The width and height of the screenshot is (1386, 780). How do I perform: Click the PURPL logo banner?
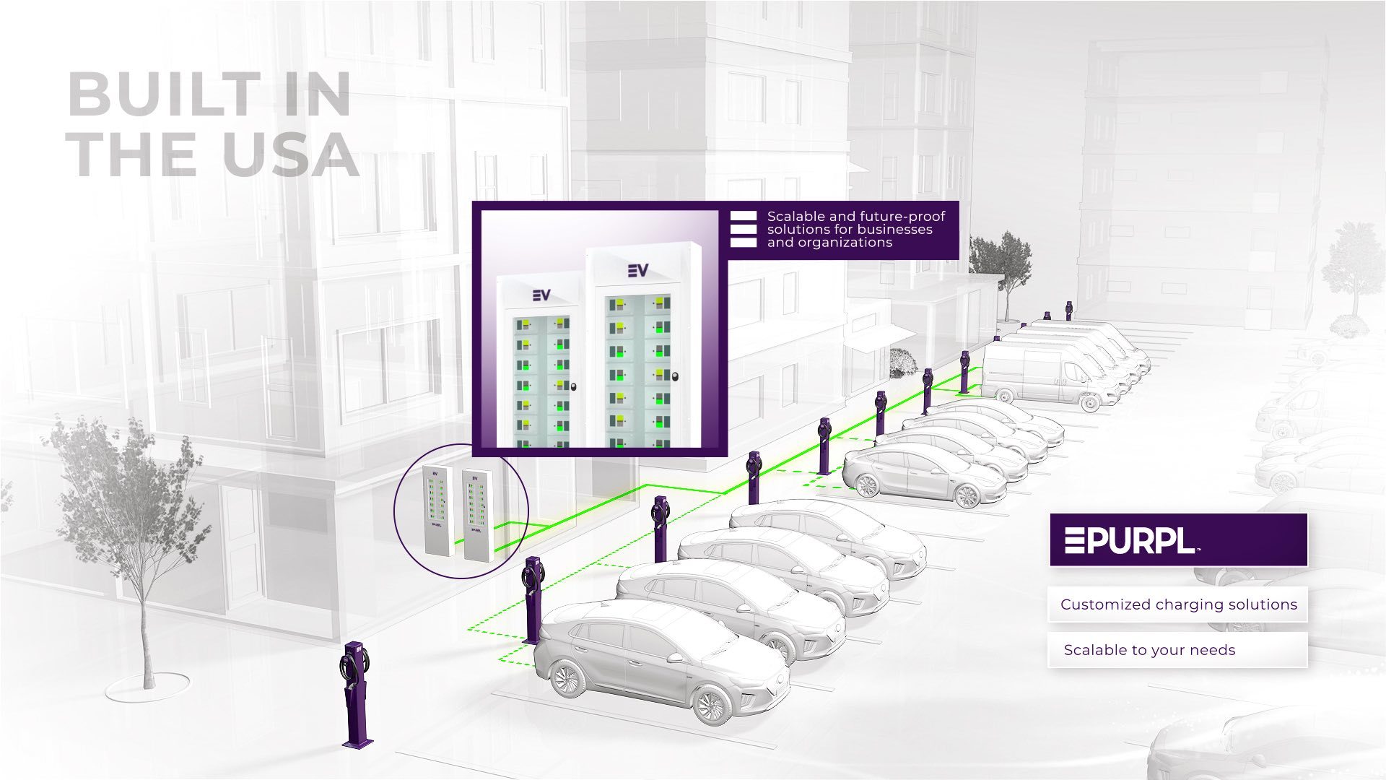[x=1178, y=539]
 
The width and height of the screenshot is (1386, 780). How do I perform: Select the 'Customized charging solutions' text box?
[x=1177, y=604]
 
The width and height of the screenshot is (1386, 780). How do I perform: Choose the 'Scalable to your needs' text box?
[x=1177, y=650]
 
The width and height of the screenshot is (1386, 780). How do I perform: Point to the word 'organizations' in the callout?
[x=845, y=243]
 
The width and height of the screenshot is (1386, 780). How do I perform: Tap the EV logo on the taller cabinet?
[x=637, y=270]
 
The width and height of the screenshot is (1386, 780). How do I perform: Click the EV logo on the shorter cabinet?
[x=541, y=295]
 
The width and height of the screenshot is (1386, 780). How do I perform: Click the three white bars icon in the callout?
[x=743, y=229]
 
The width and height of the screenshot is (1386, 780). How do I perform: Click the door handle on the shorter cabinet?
[x=572, y=386]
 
